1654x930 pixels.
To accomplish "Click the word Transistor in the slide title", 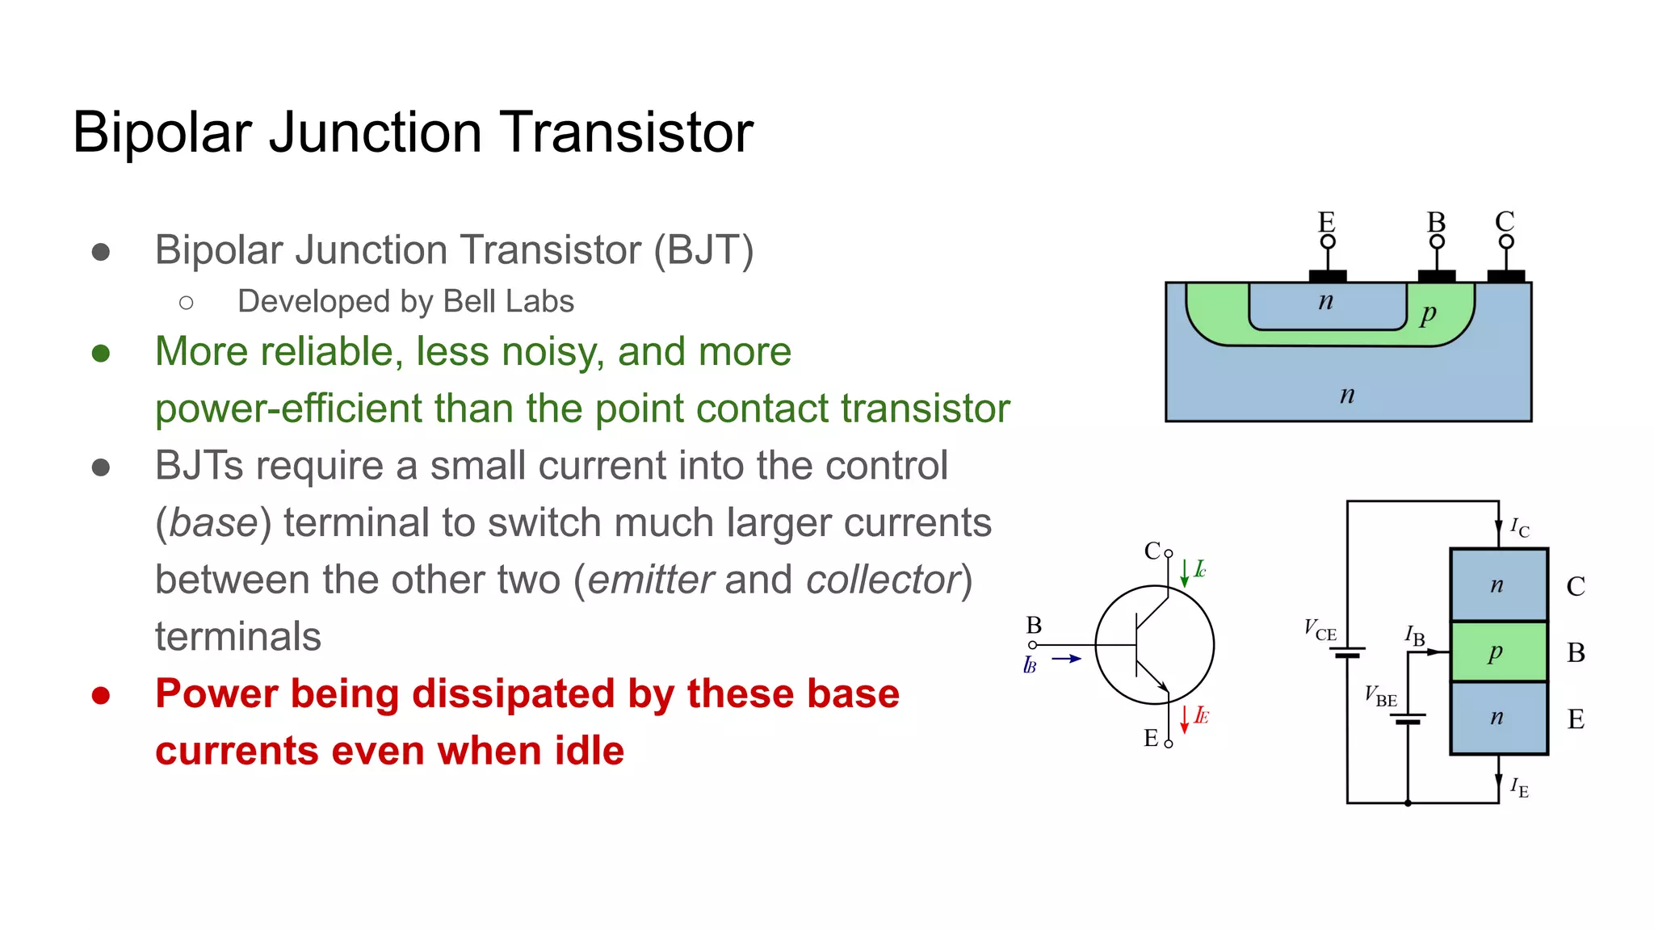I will pyautogui.click(x=626, y=132).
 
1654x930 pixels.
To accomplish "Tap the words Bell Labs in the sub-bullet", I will pyautogui.click(x=508, y=302).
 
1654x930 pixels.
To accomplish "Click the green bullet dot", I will pyautogui.click(x=101, y=354).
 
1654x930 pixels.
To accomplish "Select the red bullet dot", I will pyautogui.click(x=101, y=695).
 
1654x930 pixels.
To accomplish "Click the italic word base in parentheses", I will pyautogui.click(x=213, y=523).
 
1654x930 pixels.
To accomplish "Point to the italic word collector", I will pyautogui.click(x=882, y=580).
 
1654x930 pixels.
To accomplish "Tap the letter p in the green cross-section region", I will pyautogui.click(x=1428, y=313).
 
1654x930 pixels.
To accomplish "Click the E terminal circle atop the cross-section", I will pyautogui.click(x=1328, y=241).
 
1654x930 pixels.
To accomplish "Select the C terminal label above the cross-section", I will pyautogui.click(x=1505, y=221).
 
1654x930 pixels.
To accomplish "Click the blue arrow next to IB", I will pyautogui.click(x=1066, y=659).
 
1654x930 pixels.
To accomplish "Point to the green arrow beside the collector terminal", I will pyautogui.click(x=1184, y=572).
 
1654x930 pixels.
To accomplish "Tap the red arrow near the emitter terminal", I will pyautogui.click(x=1184, y=718).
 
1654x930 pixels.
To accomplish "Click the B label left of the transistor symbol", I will pyautogui.click(x=1034, y=626).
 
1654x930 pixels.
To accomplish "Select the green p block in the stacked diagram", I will pyautogui.click(x=1498, y=651).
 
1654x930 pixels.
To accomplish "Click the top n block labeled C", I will pyautogui.click(x=1498, y=585).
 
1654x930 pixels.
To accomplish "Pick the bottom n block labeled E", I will pyautogui.click(x=1498, y=718).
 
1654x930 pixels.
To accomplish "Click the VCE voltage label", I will pyautogui.click(x=1320, y=630).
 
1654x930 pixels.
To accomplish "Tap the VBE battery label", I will pyautogui.click(x=1380, y=696).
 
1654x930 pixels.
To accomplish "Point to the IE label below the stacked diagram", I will pyautogui.click(x=1519, y=787).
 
